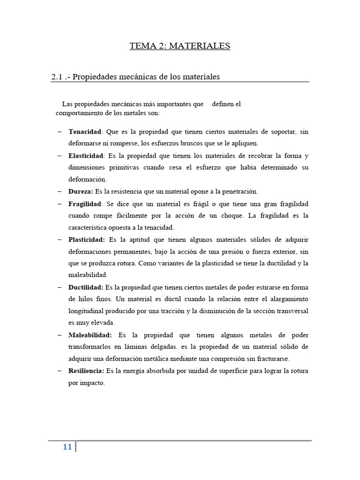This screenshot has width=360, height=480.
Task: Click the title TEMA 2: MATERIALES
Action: [180, 46]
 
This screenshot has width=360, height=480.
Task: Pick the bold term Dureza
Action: [81, 192]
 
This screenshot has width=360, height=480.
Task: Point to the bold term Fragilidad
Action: [85, 204]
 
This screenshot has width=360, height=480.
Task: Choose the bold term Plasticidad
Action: [86, 240]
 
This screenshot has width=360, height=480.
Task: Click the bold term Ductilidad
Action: [86, 287]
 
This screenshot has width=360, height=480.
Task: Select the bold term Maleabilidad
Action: [90, 335]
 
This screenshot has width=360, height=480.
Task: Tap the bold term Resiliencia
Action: [86, 371]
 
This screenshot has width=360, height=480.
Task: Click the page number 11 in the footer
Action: [67, 447]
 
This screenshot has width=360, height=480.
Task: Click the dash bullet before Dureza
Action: [60, 192]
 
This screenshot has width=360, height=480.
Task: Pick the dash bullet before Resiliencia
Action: [60, 371]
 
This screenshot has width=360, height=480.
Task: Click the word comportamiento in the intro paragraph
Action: [78, 113]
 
